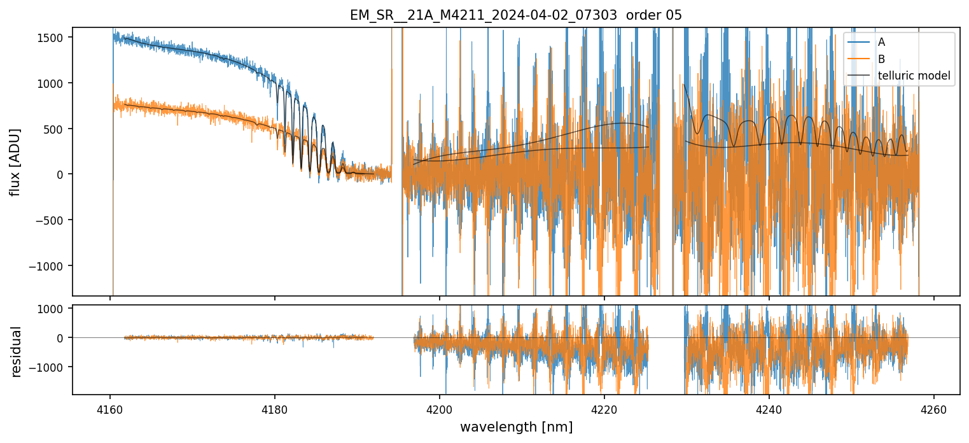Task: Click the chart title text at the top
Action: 516,15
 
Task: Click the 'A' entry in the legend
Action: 881,42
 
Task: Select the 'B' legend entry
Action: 881,59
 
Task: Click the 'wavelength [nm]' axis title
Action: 516,426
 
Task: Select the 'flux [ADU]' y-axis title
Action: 15,162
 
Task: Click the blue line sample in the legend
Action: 858,42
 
